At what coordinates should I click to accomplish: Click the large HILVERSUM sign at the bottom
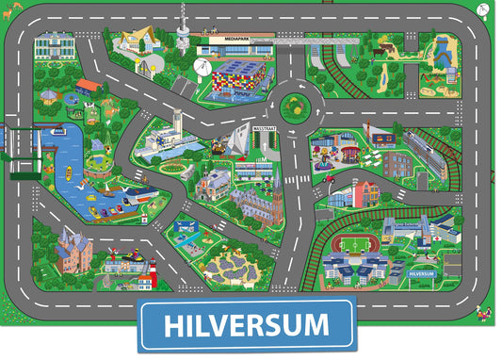247,326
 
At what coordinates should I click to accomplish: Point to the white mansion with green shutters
55,45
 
